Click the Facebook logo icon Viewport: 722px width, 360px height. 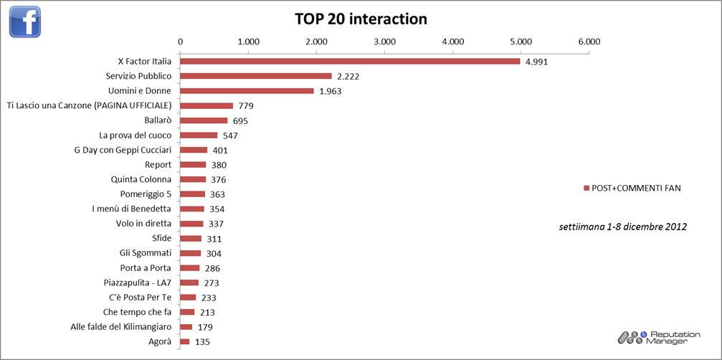pos(25,21)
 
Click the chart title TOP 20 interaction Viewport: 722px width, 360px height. pos(361,19)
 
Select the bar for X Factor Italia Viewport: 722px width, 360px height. pos(350,61)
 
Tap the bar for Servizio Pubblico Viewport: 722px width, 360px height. pos(256,76)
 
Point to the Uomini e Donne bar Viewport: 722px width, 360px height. pos(247,90)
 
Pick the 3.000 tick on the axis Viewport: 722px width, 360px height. pos(384,41)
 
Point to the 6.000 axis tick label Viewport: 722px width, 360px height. pos(589,41)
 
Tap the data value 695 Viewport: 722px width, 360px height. pos(240,120)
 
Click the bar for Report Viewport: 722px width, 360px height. pos(193,164)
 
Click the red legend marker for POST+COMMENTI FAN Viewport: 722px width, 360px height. pos(586,188)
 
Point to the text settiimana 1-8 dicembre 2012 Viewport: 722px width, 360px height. pos(622,227)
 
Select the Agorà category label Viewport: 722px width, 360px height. pos(160,341)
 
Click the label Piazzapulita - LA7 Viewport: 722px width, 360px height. pos(136,283)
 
